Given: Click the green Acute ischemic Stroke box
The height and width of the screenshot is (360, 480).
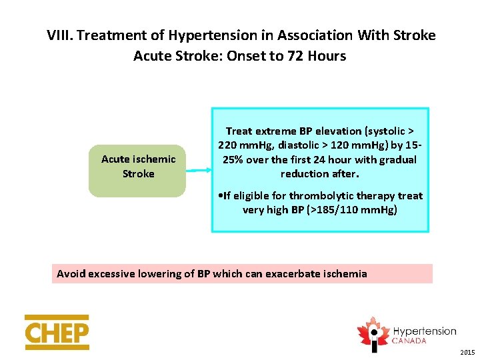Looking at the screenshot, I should point(137,170).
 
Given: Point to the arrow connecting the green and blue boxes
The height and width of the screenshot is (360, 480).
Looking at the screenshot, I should point(199,171).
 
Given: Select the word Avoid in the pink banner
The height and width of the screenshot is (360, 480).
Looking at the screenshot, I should point(71,273).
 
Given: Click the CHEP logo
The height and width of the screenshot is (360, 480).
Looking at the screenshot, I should point(57,332).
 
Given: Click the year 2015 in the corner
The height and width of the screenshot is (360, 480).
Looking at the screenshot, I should point(467,352).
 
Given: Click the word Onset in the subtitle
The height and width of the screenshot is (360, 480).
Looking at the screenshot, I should point(246,56).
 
